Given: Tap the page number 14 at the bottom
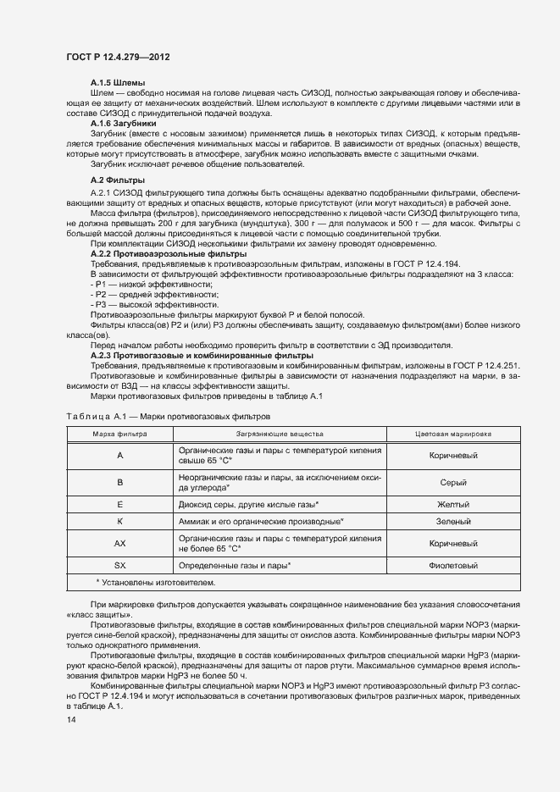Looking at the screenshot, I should [71, 719].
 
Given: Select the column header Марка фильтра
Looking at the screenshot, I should [119, 433].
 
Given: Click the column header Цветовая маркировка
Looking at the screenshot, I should [453, 433].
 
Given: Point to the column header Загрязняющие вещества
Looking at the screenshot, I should [280, 433].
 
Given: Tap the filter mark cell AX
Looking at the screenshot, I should [119, 543].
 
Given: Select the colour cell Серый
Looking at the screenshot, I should [453, 482].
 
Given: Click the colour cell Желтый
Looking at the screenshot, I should [453, 504].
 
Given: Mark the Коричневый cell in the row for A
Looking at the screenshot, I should [453, 455].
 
